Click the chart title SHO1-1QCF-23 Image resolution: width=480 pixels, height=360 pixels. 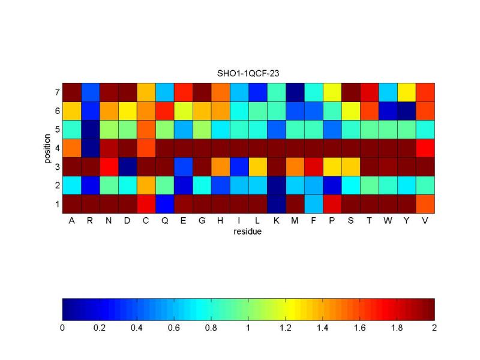tap(248, 73)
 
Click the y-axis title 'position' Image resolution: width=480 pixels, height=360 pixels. tap(46, 148)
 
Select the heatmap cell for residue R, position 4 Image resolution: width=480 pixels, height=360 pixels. tap(90, 148)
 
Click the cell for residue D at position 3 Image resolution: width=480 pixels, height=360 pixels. tap(127, 166)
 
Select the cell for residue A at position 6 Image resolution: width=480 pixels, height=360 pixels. tap(71, 110)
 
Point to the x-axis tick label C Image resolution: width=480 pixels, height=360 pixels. tap(146, 220)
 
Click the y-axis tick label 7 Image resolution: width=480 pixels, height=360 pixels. tap(56, 92)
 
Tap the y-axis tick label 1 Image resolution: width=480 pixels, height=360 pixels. tap(56, 204)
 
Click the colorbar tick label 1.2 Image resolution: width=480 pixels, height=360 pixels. tap(286, 328)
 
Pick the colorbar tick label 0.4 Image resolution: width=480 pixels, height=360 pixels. tap(137, 328)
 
